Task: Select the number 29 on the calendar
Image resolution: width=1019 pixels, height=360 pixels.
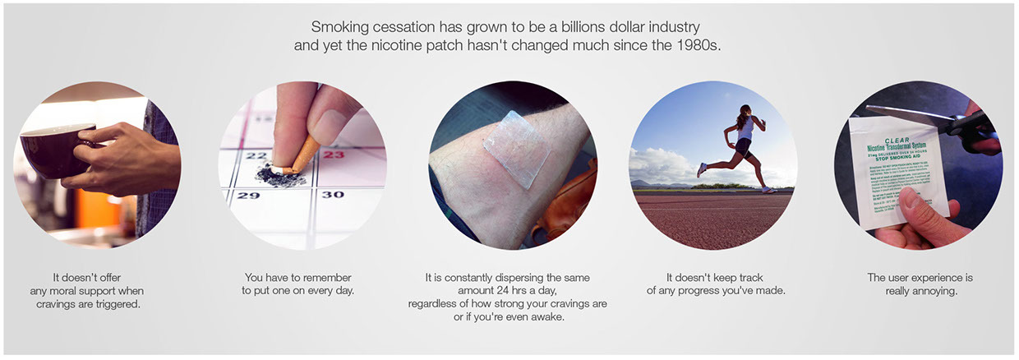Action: click(247, 195)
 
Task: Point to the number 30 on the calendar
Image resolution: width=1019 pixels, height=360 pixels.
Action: click(332, 195)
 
